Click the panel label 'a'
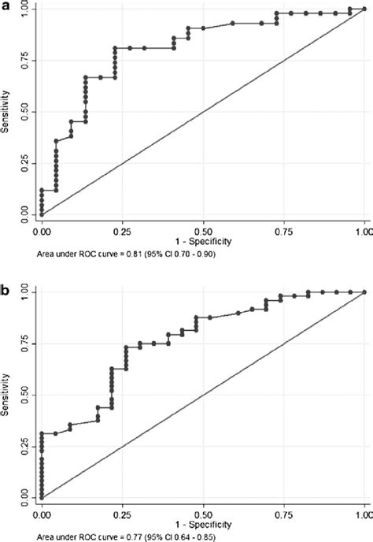point(6,6)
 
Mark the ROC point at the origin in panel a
point(42,214)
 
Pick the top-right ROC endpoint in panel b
point(364,292)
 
